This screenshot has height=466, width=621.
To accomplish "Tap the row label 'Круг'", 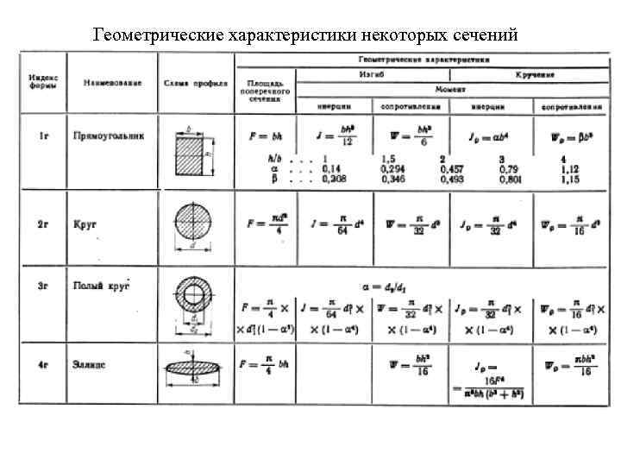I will click(85, 224).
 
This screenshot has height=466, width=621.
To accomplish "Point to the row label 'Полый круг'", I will click(100, 285).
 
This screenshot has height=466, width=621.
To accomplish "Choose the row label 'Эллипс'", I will click(90, 365).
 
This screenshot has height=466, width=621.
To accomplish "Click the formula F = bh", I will click(265, 137).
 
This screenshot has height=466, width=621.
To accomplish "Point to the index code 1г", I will click(43, 135).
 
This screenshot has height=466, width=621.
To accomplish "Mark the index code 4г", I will click(43, 365).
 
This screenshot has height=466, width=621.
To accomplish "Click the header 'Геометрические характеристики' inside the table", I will click(423, 60).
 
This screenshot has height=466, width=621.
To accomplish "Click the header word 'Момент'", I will click(450, 90).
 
